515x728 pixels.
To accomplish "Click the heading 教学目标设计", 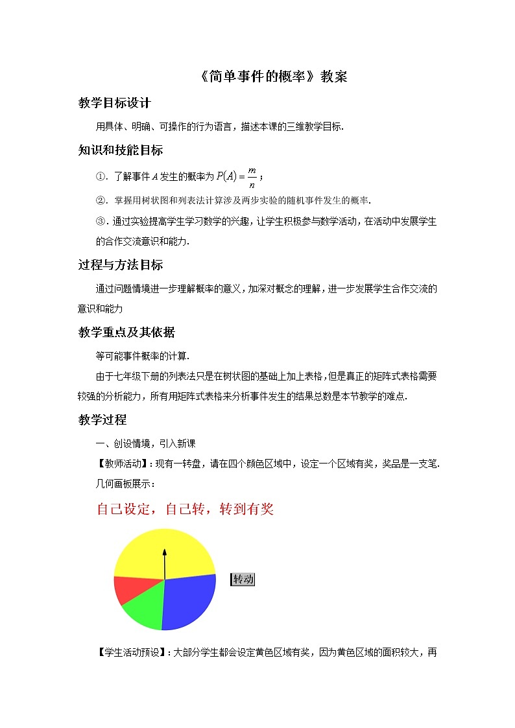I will [114, 103].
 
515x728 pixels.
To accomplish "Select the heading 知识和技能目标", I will [121, 150].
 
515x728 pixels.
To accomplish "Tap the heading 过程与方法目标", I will [121, 264].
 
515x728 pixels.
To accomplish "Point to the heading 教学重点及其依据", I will [126, 333].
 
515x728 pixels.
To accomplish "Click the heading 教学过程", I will [102, 419].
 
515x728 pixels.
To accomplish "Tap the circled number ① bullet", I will [100, 177].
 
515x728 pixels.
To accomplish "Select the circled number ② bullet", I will [100, 200].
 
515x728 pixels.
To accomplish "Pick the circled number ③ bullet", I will [100, 222].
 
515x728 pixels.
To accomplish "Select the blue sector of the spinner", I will [188, 600].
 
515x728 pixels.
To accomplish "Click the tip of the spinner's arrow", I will [164, 550].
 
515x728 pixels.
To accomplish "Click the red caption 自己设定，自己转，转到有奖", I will [185, 510].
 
